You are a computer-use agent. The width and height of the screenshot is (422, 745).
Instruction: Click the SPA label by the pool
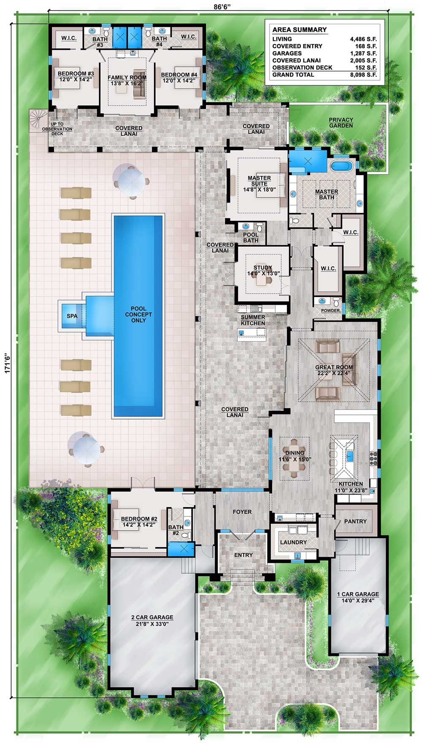(72, 316)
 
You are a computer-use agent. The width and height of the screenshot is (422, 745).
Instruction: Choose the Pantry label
(355, 521)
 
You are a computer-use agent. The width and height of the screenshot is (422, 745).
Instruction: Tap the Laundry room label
(293, 542)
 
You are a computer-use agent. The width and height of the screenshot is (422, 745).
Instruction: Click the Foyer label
(242, 512)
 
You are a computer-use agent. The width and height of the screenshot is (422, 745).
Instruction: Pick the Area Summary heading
(299, 30)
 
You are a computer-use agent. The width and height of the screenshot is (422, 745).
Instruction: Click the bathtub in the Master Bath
(341, 165)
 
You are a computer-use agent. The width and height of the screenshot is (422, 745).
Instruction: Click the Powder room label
(331, 310)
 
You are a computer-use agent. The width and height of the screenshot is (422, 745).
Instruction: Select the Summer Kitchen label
(253, 320)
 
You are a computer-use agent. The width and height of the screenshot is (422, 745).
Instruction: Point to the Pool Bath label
(251, 237)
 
